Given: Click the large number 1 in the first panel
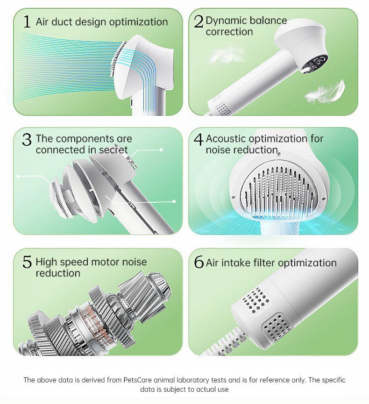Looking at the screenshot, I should click(27, 21).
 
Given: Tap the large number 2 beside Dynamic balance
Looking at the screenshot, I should click(199, 21).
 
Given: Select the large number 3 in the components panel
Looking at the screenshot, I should click(27, 139).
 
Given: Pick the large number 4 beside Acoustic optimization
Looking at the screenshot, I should click(199, 139).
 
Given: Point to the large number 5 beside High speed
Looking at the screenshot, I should click(27, 262).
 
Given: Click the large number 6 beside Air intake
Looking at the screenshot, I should click(199, 262).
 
